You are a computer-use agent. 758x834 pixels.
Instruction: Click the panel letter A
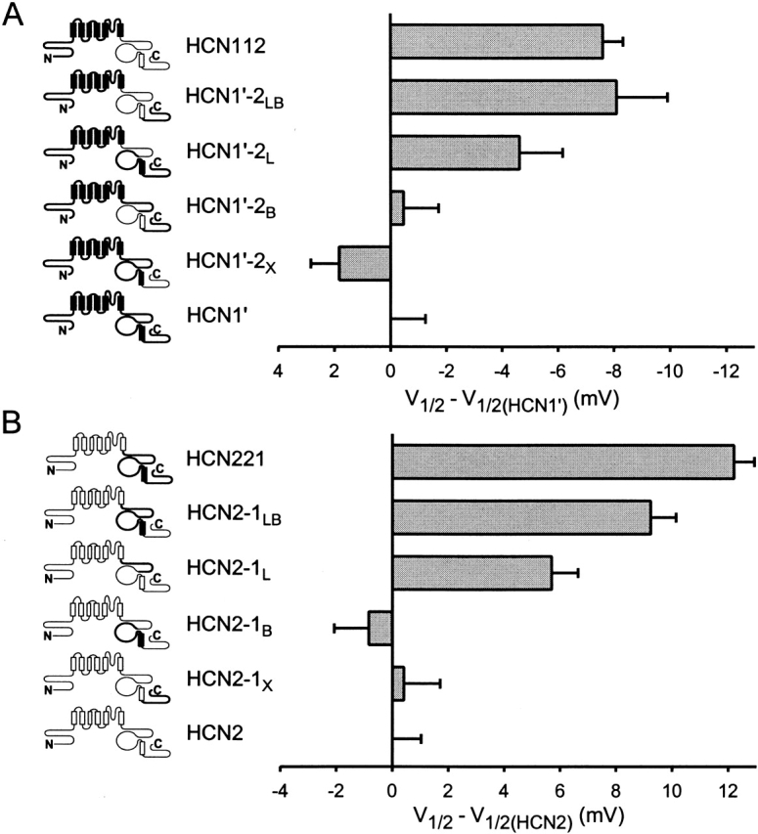click(x=14, y=19)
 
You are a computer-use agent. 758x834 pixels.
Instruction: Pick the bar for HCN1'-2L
click(x=455, y=153)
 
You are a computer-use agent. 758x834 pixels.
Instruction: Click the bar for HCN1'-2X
click(x=365, y=264)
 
